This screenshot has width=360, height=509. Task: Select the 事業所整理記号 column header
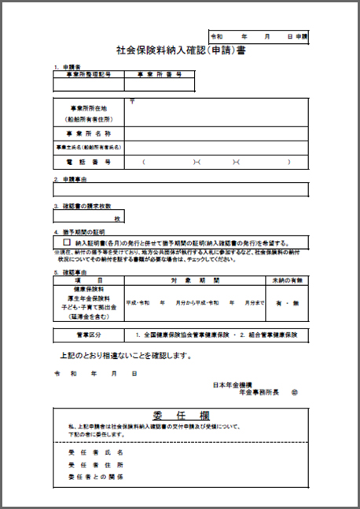(87, 74)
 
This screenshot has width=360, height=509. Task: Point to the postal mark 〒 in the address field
(132, 101)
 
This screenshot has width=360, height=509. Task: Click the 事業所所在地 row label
(87, 108)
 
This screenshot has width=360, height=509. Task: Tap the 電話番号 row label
(87, 161)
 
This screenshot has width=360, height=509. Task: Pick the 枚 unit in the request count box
(116, 218)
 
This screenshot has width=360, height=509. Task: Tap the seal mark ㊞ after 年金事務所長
(295, 390)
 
